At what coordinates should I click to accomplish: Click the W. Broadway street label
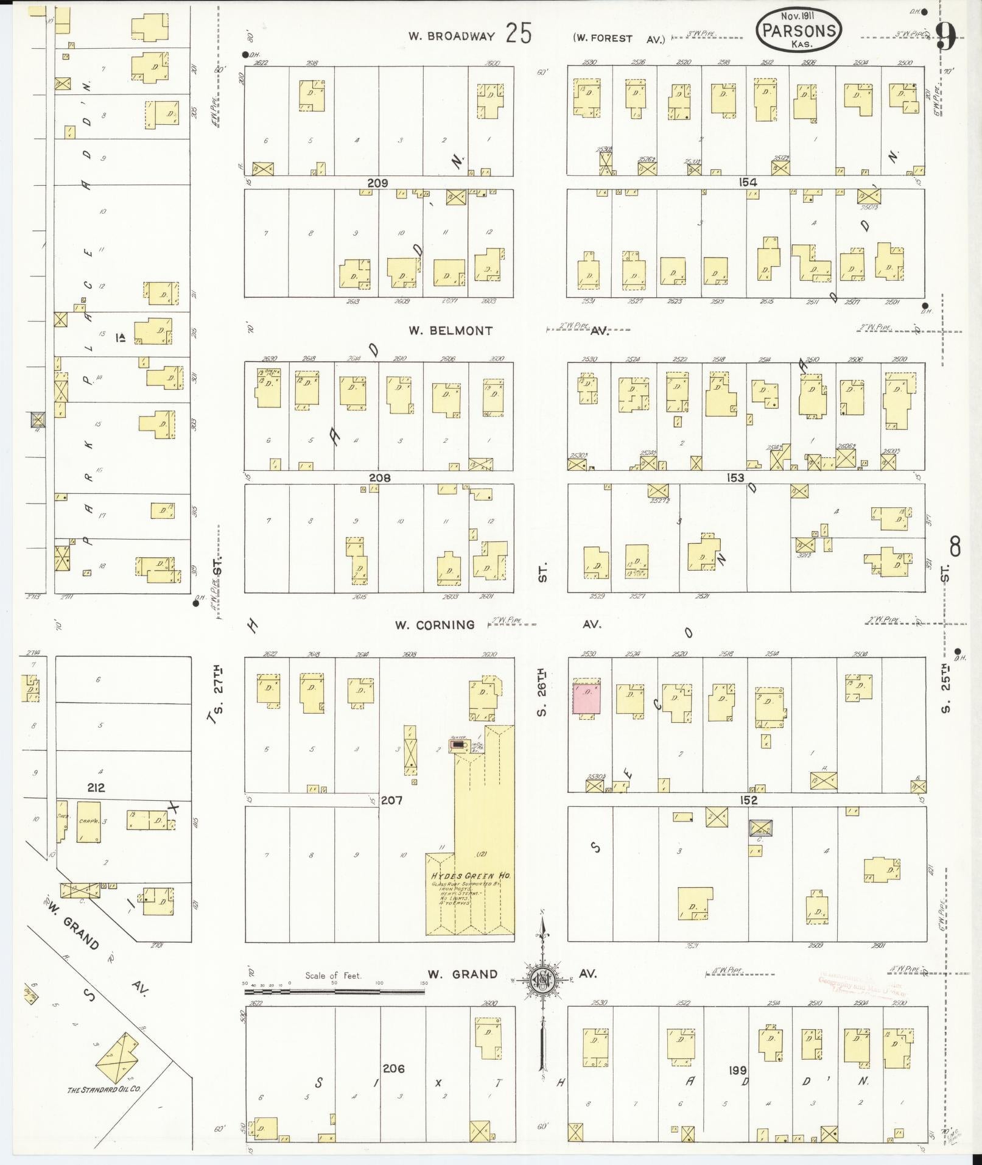[x=451, y=37]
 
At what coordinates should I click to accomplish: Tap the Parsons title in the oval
[x=799, y=30]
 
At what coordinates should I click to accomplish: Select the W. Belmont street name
[x=451, y=331]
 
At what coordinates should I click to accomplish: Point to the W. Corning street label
[x=435, y=625]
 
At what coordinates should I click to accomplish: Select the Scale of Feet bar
[x=335, y=992]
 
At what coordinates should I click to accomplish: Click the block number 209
[x=377, y=183]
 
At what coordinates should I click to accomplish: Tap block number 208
[x=379, y=478]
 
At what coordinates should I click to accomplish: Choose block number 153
[x=735, y=478]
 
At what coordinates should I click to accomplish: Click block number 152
[x=748, y=800]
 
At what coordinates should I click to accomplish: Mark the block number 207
[x=391, y=800]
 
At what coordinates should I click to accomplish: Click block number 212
[x=96, y=787]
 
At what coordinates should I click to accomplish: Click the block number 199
[x=738, y=1070]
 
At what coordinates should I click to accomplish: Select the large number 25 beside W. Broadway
[x=518, y=34]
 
